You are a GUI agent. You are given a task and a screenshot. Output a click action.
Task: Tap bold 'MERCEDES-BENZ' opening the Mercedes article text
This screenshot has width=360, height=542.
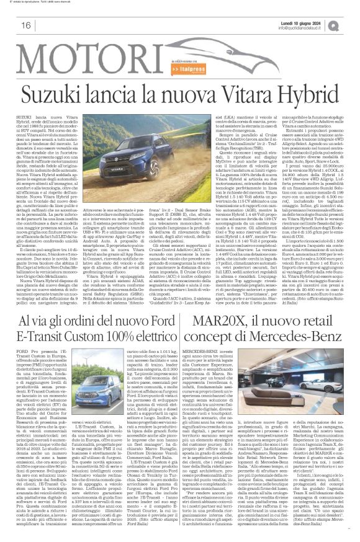(217, 352)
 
